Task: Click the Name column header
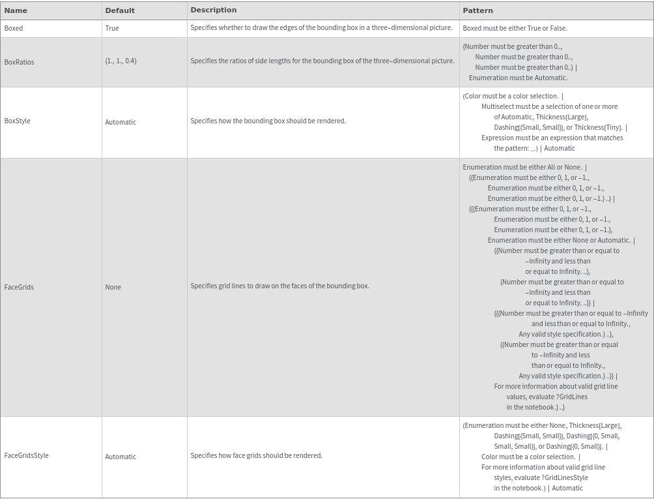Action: [16, 10]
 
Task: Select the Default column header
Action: [120, 10]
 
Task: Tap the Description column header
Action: [213, 10]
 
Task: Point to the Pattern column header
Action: [477, 10]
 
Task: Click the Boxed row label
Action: [14, 28]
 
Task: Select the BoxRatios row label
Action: [19, 62]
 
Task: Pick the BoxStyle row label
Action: [17, 121]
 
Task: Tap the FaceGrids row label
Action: [19, 287]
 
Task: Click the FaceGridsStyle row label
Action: [26, 455]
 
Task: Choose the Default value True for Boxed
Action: [112, 28]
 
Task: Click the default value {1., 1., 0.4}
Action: [121, 61]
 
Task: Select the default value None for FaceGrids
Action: [113, 287]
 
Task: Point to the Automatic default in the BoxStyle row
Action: [121, 122]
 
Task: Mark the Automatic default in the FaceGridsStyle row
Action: [121, 457]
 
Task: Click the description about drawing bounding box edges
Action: [321, 27]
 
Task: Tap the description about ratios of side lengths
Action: [322, 61]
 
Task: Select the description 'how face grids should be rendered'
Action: [256, 455]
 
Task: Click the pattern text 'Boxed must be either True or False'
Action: [515, 28]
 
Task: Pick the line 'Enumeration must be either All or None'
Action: [522, 167]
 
